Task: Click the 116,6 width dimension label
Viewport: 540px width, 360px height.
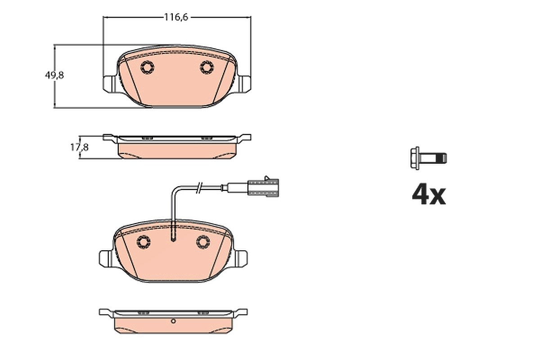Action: coord(176,18)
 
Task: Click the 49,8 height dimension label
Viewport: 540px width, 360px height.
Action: coord(54,76)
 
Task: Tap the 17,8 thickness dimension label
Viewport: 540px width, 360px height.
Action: coord(80,147)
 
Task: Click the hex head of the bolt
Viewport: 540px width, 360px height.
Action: coord(415,158)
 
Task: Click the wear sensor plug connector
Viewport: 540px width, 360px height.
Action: coord(263,188)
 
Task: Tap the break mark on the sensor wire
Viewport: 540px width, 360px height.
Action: coord(199,188)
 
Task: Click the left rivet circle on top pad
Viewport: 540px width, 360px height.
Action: coord(147,67)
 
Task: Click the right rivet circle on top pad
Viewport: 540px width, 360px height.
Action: coord(207,67)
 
